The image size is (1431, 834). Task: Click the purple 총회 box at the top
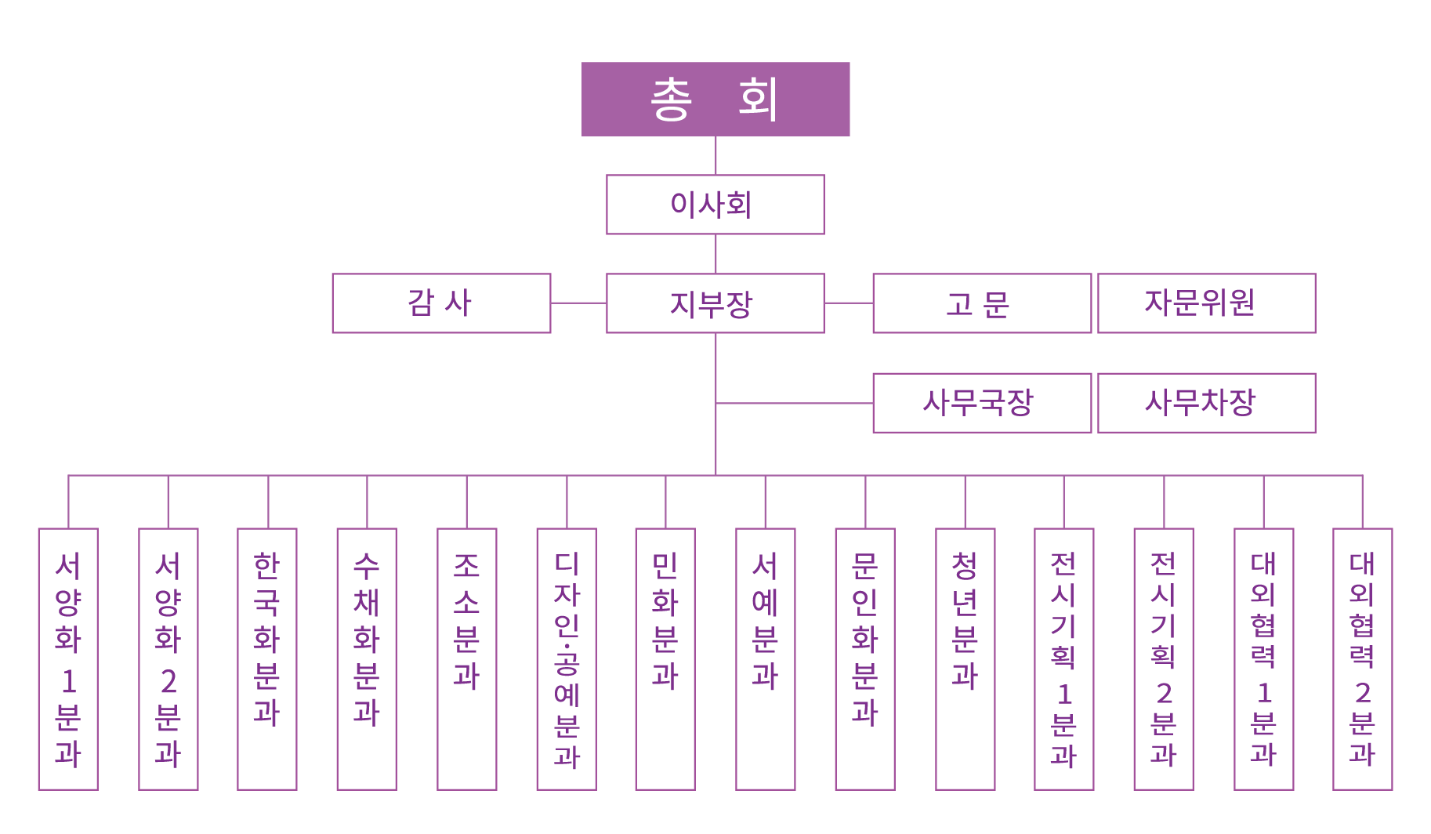(x=715, y=100)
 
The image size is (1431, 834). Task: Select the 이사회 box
(x=715, y=205)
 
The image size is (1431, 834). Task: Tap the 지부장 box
(x=715, y=303)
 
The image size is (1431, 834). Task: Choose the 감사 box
(x=441, y=303)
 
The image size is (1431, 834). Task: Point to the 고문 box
(x=981, y=303)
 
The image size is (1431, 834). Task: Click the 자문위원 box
(x=1206, y=303)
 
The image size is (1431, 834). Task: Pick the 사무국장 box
(x=981, y=403)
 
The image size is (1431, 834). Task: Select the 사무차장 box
(x=1206, y=403)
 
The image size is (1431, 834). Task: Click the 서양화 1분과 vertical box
(x=68, y=658)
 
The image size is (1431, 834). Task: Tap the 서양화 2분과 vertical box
(x=168, y=658)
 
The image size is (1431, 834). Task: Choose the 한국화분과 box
(x=267, y=658)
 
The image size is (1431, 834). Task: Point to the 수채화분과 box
(x=367, y=658)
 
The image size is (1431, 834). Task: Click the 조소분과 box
(x=466, y=658)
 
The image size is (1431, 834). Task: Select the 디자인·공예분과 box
(x=567, y=658)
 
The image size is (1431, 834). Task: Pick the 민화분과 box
(x=665, y=658)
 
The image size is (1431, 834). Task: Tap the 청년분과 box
(x=965, y=658)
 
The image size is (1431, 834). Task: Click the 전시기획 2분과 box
(x=1164, y=658)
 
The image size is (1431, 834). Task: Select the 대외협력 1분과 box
(x=1263, y=658)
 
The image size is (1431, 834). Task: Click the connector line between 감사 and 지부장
(x=578, y=303)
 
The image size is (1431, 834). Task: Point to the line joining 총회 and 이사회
(x=715, y=155)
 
